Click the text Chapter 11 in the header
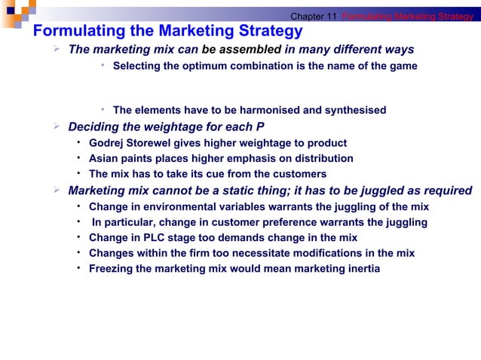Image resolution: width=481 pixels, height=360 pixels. coord(314,17)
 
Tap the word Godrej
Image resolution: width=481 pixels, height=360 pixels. coord(106,143)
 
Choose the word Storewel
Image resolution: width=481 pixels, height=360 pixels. coord(152,143)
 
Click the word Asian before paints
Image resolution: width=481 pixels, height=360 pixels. coord(104,159)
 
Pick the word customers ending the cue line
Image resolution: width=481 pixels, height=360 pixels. coord(298,175)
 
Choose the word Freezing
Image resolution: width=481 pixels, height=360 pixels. coord(112,269)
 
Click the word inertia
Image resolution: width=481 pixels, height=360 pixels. coord(361,269)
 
